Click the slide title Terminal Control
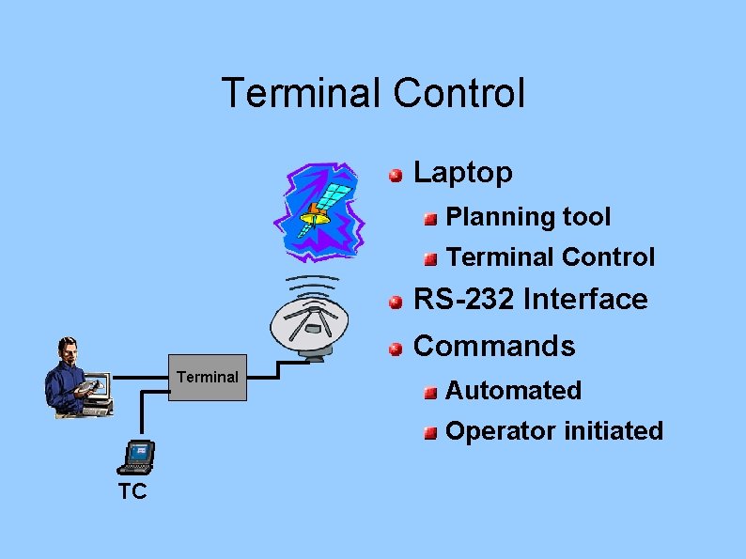tap(373, 93)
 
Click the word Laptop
tap(463, 172)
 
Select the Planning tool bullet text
tap(528, 217)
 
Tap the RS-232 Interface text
tap(530, 300)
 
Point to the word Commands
tap(494, 346)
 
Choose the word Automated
tap(513, 390)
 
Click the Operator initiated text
tap(553, 431)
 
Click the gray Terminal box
tap(207, 378)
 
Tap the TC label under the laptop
tap(132, 491)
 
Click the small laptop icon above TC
tap(136, 457)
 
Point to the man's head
tap(67, 349)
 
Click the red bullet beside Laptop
tap(397, 174)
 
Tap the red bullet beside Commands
tap(397, 349)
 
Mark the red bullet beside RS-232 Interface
tap(397, 302)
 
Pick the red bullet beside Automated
tap(429, 392)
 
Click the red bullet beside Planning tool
tap(429, 219)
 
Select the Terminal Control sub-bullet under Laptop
tap(550, 256)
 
